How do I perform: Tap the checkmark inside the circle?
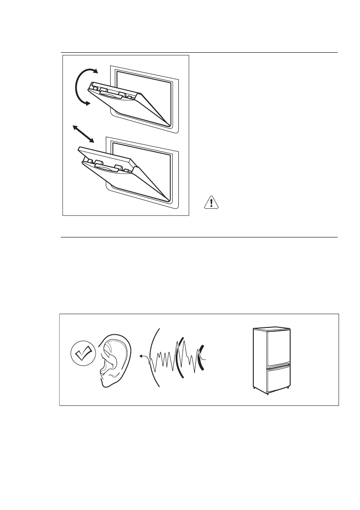pos(82,354)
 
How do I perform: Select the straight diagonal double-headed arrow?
pos(84,134)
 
